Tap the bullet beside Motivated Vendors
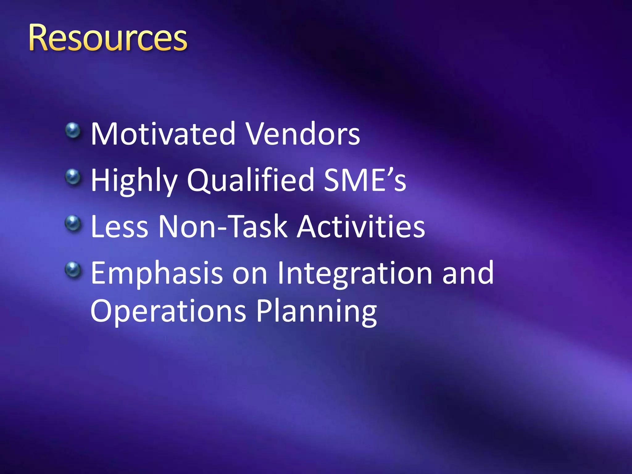(73, 131)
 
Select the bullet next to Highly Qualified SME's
(73, 177)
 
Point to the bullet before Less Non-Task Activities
(73, 223)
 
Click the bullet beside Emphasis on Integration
(73, 270)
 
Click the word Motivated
(163, 134)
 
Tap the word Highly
(134, 181)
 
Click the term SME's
(365, 180)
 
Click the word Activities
(361, 227)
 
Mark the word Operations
(168, 311)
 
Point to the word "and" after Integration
(468, 273)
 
